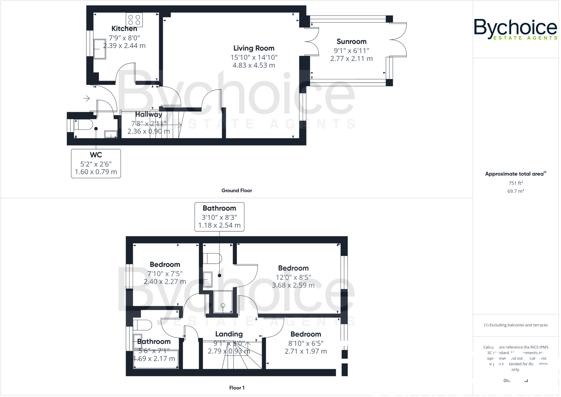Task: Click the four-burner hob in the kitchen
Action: pos(134,20)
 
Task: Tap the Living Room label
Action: pos(254,48)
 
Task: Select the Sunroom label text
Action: pos(351,42)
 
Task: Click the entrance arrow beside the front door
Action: pos(87,98)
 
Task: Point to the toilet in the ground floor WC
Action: pos(83,125)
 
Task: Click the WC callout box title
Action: pos(96,155)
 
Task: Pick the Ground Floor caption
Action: pos(237,191)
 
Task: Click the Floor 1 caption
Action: pos(237,388)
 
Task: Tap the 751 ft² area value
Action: pos(516,183)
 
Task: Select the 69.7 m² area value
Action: pos(516,191)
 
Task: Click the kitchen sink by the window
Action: pos(100,49)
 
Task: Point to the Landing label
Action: pos(229,334)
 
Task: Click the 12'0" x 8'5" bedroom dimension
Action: pos(293,278)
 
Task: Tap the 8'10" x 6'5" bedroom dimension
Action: pos(306,344)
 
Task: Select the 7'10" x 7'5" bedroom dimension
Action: pos(165,274)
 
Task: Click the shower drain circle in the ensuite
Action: pos(223,305)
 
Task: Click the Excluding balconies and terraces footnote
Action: pos(516,325)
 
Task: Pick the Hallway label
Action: pos(148,115)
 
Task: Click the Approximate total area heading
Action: pos(514,174)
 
